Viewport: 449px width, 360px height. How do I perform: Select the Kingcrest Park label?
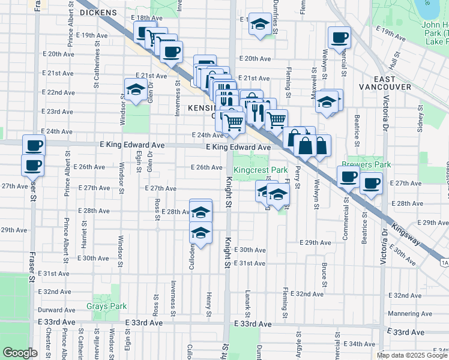[261, 170]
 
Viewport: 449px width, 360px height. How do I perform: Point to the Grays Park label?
[106, 306]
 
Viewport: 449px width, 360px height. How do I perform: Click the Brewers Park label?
[366, 164]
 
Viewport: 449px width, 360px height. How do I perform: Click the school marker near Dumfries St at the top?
[259, 24]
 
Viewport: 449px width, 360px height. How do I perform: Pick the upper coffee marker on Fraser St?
[34, 145]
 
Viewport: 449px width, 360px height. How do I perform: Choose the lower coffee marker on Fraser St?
[32, 164]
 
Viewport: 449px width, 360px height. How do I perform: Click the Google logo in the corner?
[20, 353]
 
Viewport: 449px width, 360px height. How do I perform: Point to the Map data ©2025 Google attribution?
[412, 355]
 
